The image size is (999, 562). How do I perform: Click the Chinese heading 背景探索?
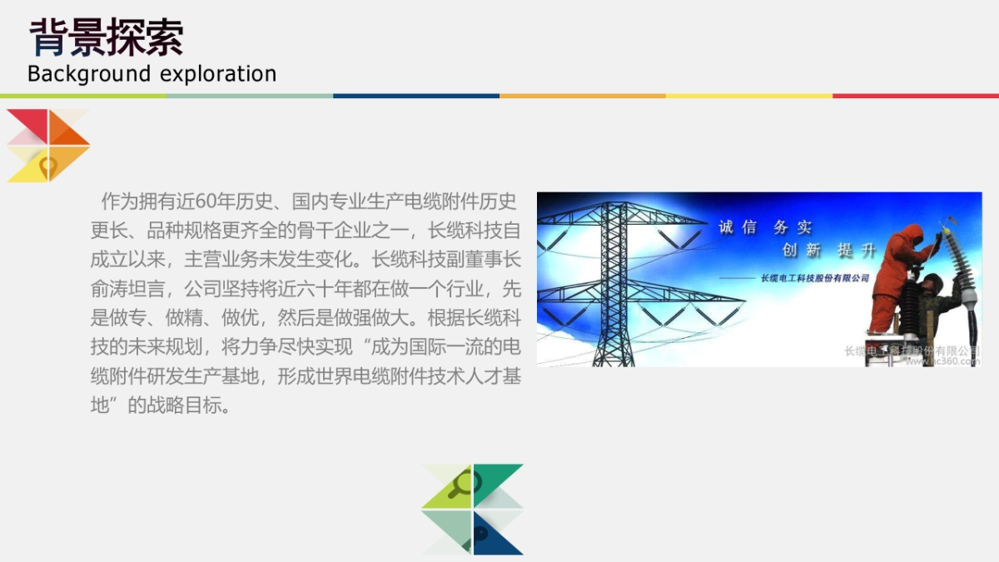[x=106, y=37]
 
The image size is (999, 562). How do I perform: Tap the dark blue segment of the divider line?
[x=416, y=96]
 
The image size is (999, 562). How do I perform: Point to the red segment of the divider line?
[x=916, y=96]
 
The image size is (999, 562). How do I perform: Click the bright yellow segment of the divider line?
[x=749, y=96]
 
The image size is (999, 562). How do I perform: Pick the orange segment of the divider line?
[x=583, y=96]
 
